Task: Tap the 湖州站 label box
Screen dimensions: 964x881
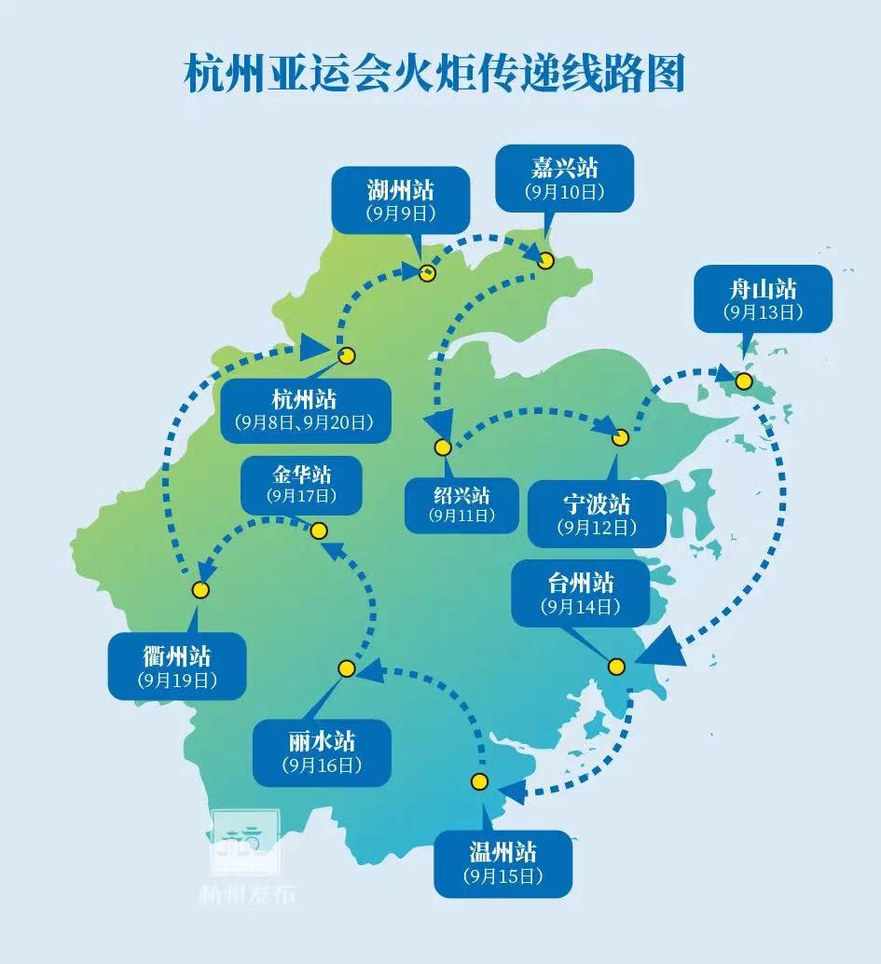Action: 401,200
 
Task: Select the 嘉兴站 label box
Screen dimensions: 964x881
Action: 565,178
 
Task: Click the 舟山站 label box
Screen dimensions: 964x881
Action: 763,297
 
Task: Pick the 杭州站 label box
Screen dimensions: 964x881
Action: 305,410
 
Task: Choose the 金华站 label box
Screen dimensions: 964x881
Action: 301,485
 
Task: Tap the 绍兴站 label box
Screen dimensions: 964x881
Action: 461,504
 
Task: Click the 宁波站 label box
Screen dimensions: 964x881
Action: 597,514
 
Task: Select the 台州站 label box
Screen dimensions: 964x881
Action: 580,594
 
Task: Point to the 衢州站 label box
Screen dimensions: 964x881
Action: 177,666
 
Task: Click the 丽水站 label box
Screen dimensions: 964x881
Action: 322,751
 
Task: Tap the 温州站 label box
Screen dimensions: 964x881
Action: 502,863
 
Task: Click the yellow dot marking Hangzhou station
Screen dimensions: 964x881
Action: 347,354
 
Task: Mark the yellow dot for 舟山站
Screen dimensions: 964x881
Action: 744,381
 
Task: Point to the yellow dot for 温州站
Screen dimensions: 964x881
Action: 480,781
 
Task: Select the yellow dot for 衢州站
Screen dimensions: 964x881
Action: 200,589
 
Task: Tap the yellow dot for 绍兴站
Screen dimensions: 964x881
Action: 443,448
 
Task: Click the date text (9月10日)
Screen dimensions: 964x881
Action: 565,192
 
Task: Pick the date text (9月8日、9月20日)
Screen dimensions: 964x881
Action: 305,422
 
